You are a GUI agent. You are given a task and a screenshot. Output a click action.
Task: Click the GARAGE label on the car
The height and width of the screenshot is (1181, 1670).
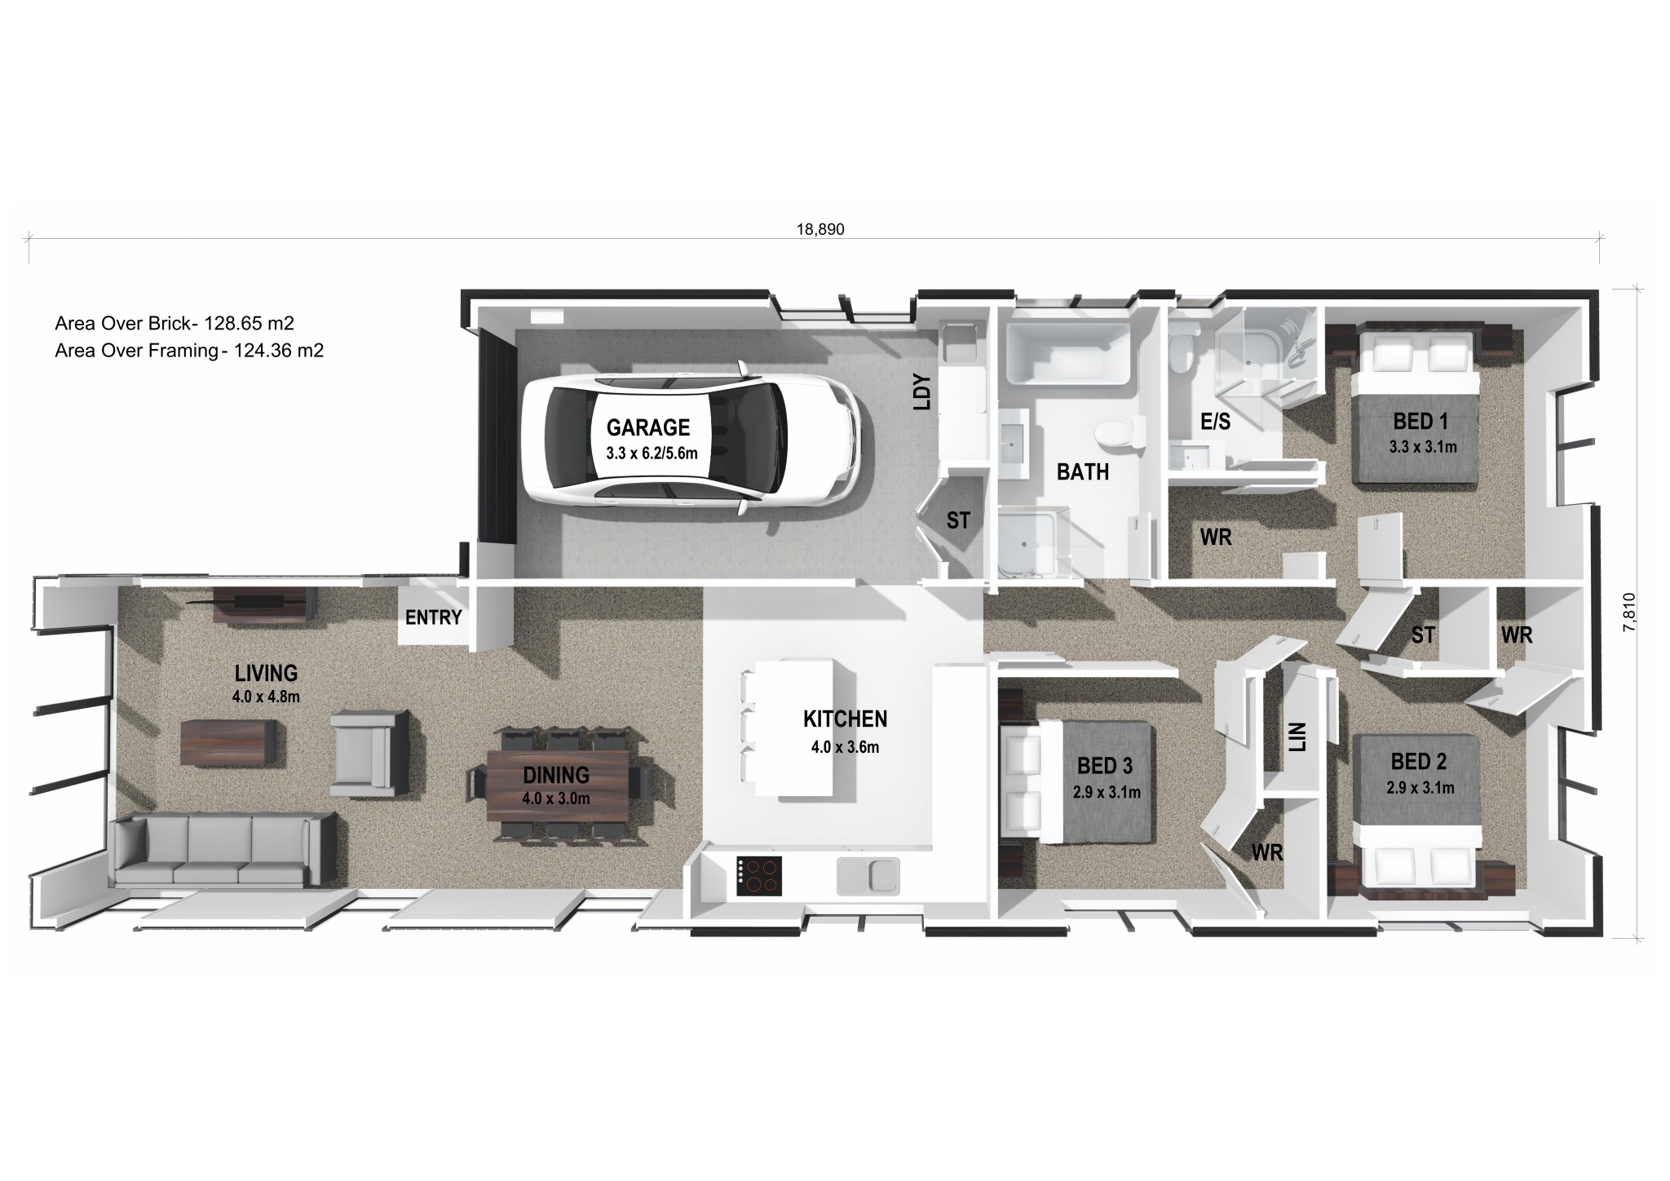[647, 427]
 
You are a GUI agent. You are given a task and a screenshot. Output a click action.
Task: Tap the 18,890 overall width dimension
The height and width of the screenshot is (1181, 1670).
[820, 230]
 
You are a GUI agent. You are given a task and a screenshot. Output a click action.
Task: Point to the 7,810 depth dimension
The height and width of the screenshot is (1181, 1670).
[1629, 612]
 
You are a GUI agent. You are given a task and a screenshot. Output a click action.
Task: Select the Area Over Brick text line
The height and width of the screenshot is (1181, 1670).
[174, 324]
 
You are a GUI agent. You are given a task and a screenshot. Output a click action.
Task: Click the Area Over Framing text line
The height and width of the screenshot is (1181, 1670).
[188, 352]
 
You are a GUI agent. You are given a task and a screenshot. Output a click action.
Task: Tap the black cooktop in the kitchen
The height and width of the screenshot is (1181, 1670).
[758, 877]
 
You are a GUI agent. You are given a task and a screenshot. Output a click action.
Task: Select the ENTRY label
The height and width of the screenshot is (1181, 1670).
[433, 618]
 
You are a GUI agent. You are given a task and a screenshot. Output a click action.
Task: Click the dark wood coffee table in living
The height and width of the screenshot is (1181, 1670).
[228, 742]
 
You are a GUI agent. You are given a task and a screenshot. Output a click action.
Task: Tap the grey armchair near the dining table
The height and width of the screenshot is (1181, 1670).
[369, 752]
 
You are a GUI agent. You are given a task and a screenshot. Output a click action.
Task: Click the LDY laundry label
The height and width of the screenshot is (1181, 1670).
[921, 391]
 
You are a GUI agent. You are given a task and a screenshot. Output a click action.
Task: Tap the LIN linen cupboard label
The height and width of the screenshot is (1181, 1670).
[1298, 736]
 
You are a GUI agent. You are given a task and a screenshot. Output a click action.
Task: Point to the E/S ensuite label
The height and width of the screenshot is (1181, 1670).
[1215, 422]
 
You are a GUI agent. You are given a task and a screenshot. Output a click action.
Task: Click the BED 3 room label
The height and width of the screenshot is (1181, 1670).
[1104, 766]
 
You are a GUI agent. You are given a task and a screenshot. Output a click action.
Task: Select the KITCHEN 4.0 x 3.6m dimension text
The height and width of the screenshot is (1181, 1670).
[845, 747]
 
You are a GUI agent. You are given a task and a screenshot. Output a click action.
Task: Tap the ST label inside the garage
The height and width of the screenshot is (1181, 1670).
[958, 520]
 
